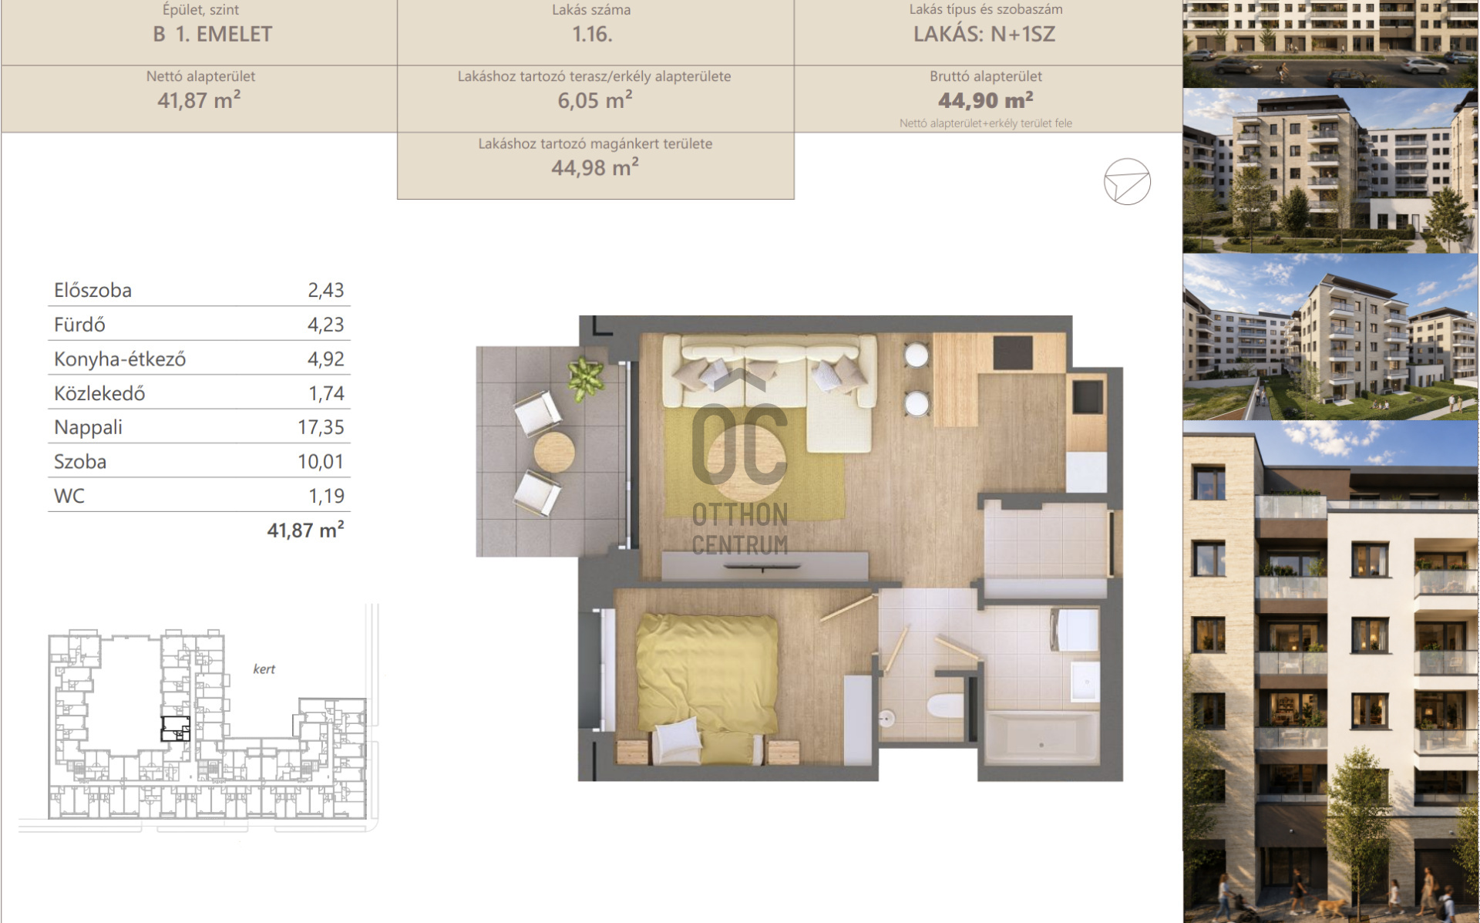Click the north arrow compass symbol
coord(1127,182)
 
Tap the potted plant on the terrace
coord(585,377)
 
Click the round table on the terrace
coord(554,451)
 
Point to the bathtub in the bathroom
coord(1041,738)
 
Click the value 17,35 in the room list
coord(321,427)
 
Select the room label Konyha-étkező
coord(119,359)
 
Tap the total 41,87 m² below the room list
coord(305,530)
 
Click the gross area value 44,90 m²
coord(986,100)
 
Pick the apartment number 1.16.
coord(592,34)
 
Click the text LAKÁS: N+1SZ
coord(984,34)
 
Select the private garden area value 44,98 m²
coord(595,167)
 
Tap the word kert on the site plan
coord(264,669)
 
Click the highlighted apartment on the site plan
coord(175,729)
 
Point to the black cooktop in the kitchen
coord(1013,353)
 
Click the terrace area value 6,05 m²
coord(595,100)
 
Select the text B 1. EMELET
coord(213,34)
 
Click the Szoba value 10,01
coord(321,462)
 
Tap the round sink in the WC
coord(887,719)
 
